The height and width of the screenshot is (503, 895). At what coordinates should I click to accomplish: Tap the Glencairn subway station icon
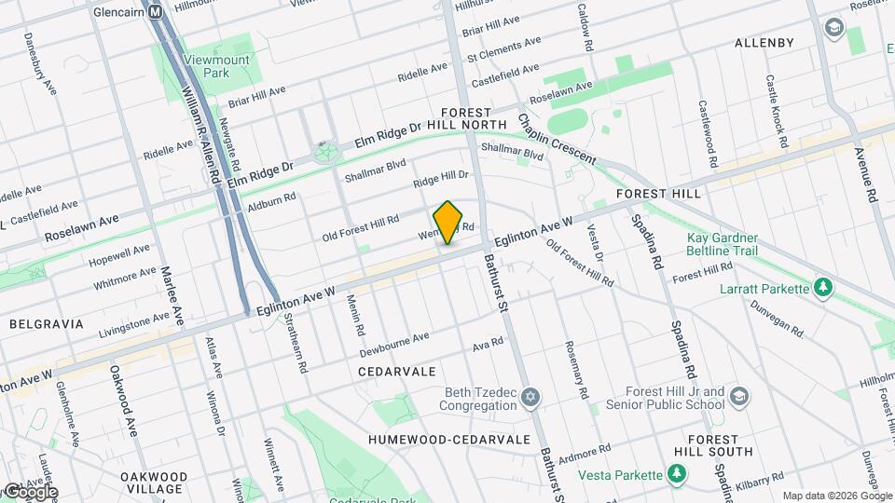pos(156,12)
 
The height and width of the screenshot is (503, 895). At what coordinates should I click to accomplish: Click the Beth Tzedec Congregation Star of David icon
pos(530,399)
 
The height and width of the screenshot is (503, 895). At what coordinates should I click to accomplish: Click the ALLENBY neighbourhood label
pos(764,43)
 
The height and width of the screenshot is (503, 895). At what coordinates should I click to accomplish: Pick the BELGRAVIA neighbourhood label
pos(46,324)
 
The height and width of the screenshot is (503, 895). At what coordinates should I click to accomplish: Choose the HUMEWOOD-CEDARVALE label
pos(448,439)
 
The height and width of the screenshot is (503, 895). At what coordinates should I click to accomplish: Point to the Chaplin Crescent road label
pos(557,140)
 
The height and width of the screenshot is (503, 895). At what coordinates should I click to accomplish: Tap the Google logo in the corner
pos(30,491)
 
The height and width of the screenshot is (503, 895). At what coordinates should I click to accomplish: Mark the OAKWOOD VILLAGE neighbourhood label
pos(155,482)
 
